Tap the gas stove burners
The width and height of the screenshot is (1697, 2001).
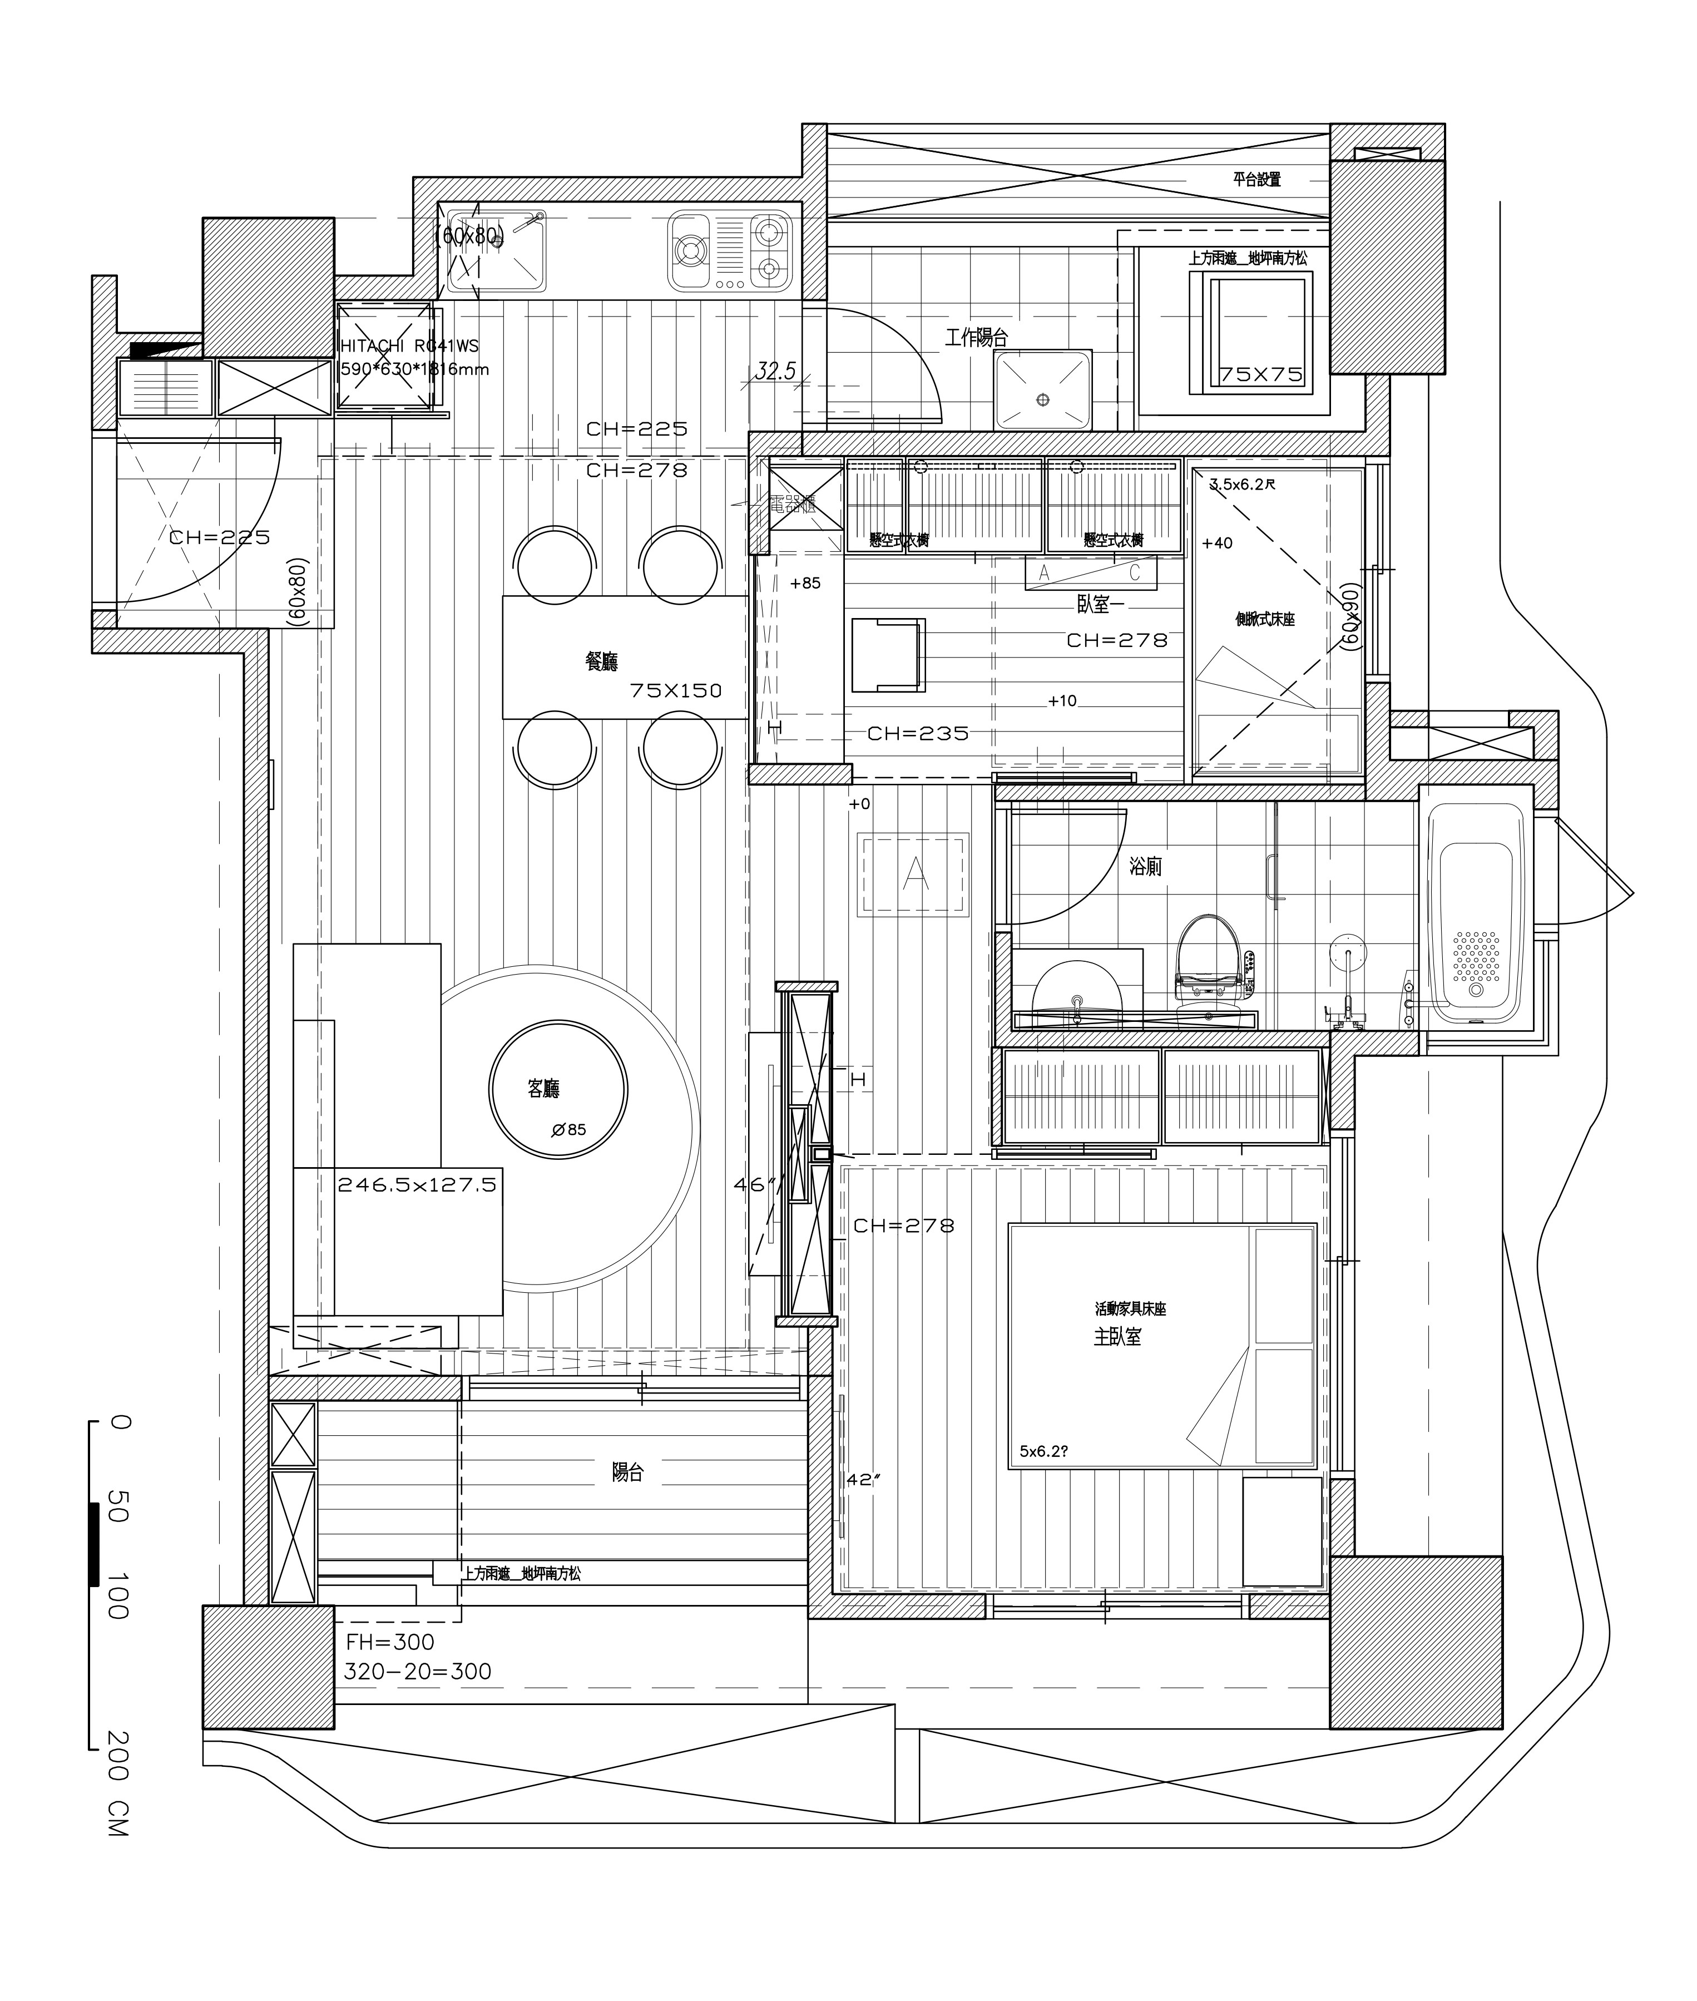730,251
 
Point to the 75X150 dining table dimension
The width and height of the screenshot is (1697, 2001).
675,691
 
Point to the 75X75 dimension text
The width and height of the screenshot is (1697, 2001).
1260,375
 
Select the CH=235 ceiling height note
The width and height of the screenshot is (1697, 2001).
918,734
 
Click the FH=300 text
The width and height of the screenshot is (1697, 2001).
389,1642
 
